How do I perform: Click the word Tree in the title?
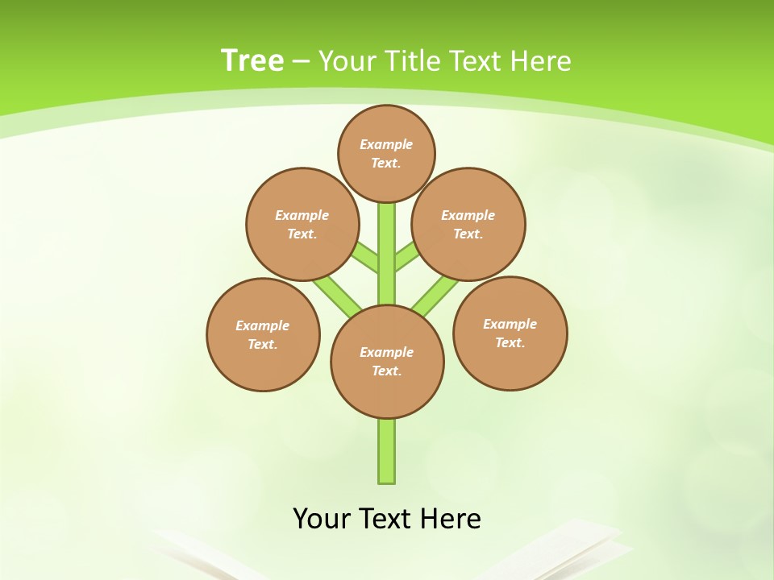pos(252,60)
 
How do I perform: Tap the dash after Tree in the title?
pos(301,61)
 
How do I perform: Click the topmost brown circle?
pos(386,153)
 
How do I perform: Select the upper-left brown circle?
pos(302,224)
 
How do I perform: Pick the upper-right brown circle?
pos(468,224)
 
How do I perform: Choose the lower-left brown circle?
pos(263,334)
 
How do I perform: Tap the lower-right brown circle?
pos(510,333)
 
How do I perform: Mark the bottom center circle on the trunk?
pos(387,362)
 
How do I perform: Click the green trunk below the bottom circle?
pos(387,451)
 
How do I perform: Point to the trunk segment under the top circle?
pos(387,242)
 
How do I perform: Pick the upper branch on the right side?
pos(406,257)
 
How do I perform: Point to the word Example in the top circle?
pos(386,144)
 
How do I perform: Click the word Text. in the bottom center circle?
pos(386,371)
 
